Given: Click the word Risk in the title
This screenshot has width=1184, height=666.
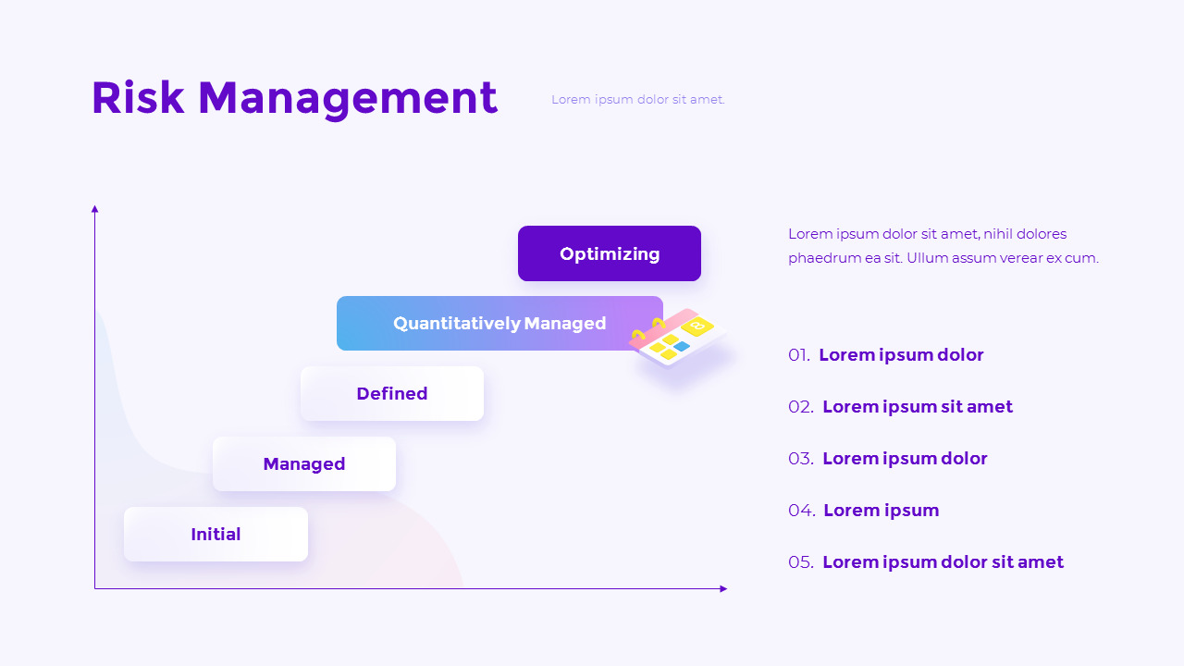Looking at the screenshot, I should pos(138,98).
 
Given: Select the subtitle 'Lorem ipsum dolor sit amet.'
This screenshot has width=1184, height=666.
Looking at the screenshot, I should pos(638,100).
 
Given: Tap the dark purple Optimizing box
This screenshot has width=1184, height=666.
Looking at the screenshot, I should pos(610,253).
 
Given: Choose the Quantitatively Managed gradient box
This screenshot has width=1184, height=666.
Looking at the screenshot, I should pos(499,324).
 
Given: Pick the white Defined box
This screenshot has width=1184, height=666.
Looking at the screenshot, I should pos(392,394).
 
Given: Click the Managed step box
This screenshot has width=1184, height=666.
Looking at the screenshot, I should pos(304,464).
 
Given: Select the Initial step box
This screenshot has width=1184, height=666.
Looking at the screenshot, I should pos(216,535).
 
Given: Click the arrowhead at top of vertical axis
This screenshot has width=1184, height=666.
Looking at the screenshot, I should pos(94,209).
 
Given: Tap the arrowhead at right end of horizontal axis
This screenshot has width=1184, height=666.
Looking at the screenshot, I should pos(723,588).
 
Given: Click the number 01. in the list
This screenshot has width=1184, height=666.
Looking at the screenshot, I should pos(799,355).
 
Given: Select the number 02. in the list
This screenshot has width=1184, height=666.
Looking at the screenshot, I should pos(801,407).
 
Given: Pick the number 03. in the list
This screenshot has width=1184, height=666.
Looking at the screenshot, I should pos(801,459).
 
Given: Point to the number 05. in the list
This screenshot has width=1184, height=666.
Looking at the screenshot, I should pos(801,562).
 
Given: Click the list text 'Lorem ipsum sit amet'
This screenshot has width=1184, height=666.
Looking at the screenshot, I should pos(918,407).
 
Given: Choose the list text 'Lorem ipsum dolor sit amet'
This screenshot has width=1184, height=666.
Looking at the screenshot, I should pos(943,562).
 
